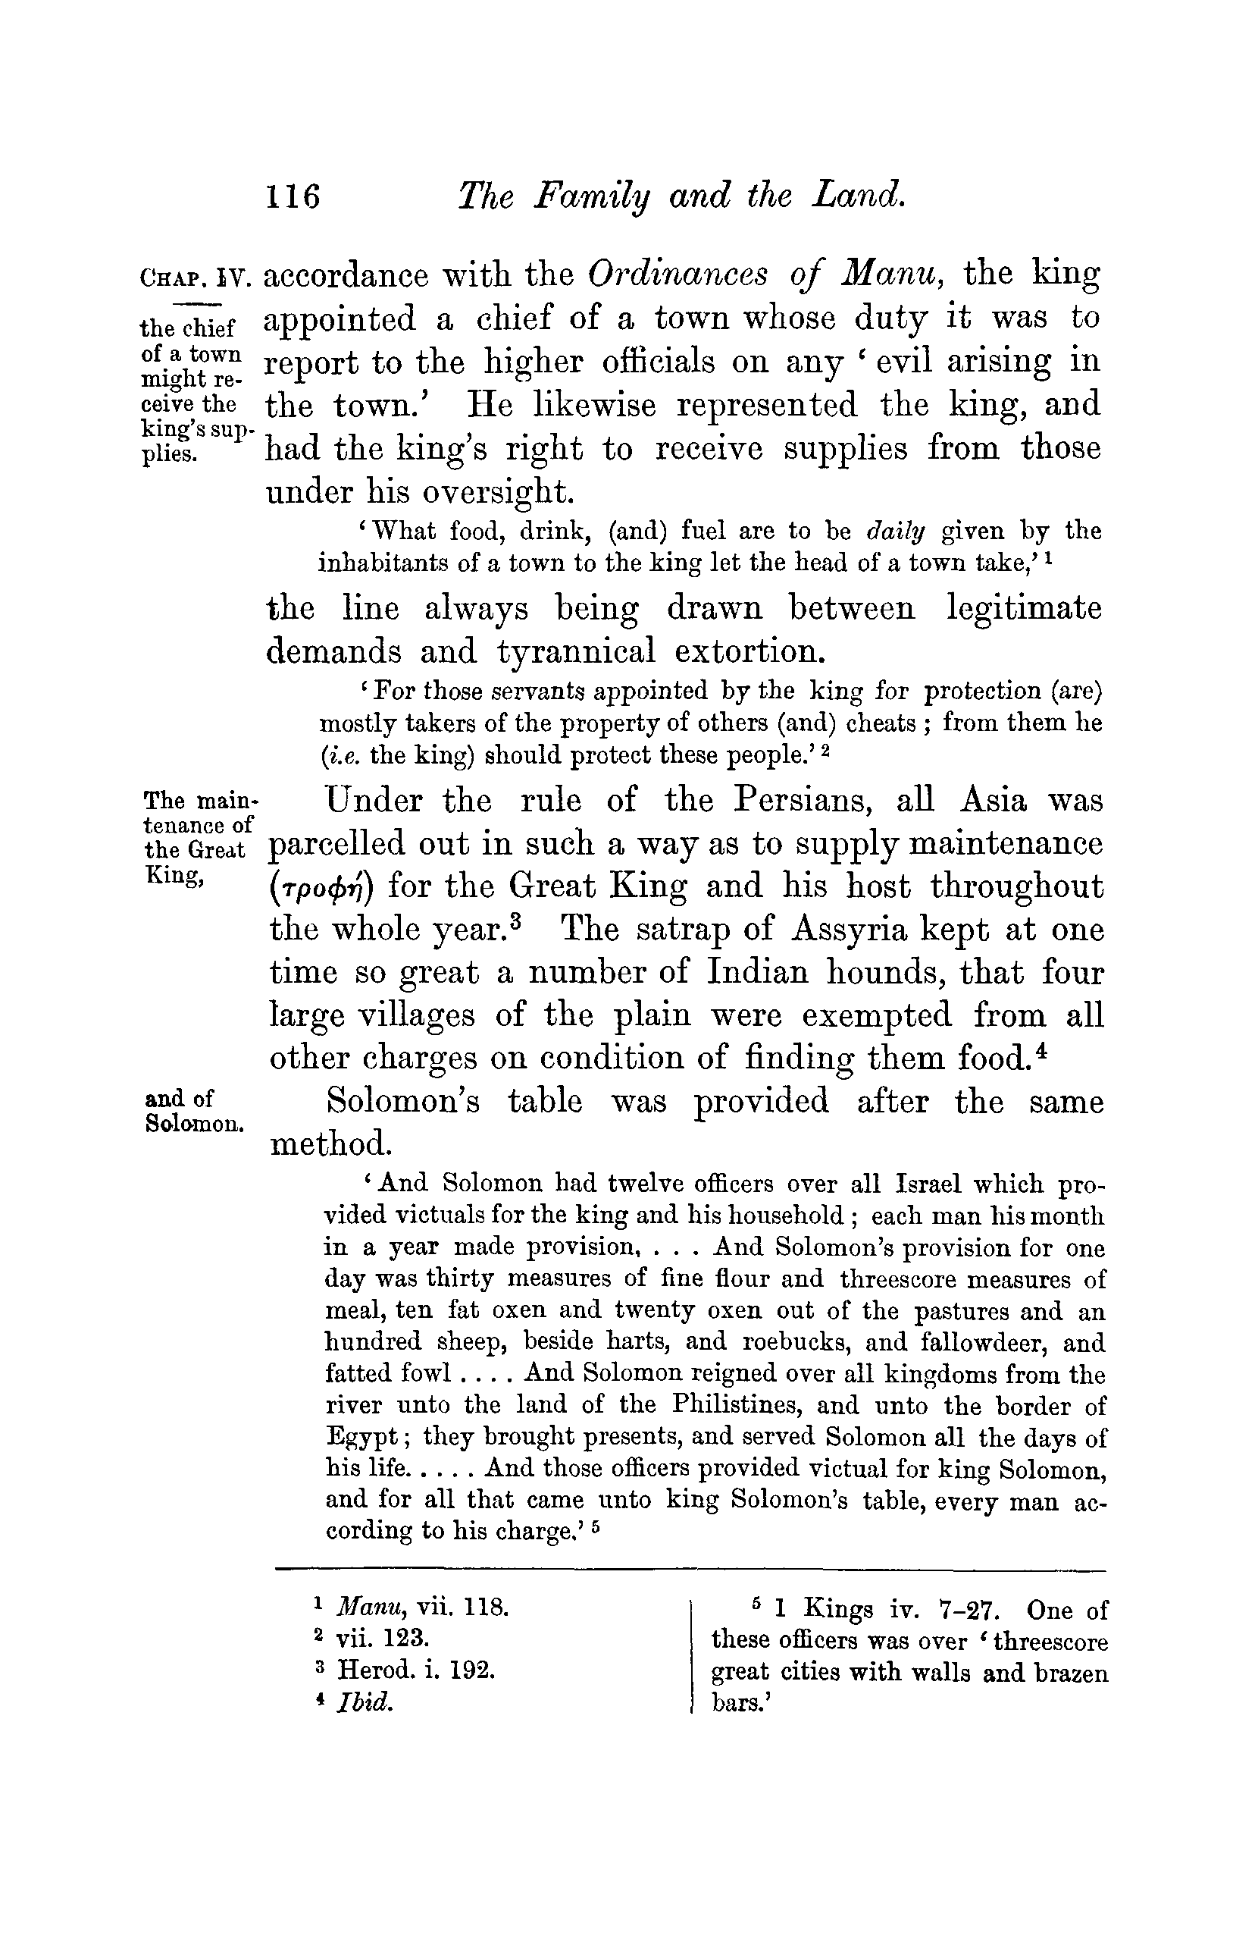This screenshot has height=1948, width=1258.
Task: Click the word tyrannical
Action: (x=577, y=651)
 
